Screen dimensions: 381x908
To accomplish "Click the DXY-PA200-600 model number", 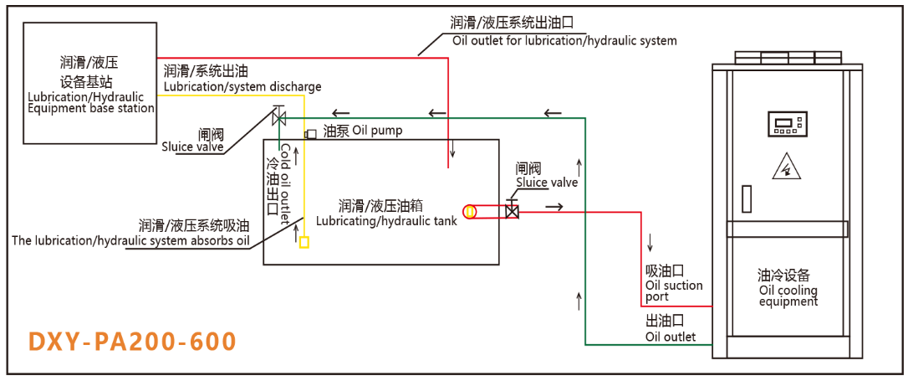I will [x=132, y=342].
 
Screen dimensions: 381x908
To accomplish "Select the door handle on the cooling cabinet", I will [x=747, y=198].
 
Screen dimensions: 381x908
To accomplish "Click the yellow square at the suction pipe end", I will [x=304, y=242].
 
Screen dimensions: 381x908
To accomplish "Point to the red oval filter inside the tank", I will [x=471, y=212].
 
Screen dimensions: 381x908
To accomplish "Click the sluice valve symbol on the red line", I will [x=513, y=212].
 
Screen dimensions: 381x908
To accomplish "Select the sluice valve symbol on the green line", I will [x=279, y=116].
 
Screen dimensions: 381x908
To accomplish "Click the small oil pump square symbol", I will [x=311, y=134].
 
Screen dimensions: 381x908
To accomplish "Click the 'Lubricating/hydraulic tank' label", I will [x=385, y=222].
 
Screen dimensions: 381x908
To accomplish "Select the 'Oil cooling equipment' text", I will [x=788, y=296].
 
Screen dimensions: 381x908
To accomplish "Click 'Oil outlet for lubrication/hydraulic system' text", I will [x=564, y=40].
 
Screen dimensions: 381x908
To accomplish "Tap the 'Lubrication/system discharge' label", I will [x=242, y=86].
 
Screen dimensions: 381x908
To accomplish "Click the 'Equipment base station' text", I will [x=91, y=108].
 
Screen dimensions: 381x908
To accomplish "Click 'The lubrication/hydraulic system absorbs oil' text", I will [x=130, y=241].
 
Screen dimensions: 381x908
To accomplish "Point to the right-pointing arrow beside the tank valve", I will [x=553, y=205].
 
